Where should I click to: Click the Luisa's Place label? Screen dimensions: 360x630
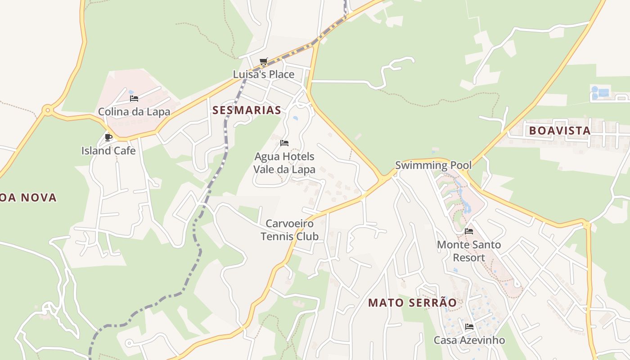264,74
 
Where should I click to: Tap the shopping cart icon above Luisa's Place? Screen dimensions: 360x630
264,61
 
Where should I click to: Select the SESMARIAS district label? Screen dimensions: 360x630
247,110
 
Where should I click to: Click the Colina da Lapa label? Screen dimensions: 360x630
134,112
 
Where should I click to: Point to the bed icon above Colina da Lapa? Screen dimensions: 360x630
134,99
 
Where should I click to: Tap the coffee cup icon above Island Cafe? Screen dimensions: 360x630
108,137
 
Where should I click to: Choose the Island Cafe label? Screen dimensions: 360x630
108,150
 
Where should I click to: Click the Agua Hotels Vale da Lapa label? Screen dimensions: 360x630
284,163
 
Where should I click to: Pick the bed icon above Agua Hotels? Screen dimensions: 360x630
284,143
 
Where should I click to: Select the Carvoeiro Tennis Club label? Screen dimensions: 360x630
290,230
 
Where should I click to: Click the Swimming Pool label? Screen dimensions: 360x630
433,165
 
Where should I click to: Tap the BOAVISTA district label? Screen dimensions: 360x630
559,131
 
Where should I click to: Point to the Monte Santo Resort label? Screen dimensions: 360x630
469,251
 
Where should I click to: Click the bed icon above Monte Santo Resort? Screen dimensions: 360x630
469,231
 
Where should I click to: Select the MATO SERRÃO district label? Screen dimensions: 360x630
413,303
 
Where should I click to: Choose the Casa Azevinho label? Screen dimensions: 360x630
469,340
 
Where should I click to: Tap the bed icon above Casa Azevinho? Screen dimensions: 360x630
469,327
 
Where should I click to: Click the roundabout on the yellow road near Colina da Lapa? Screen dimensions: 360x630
47,109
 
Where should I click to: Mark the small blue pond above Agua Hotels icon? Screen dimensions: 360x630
295,118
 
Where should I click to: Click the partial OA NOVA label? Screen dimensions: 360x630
28,198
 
